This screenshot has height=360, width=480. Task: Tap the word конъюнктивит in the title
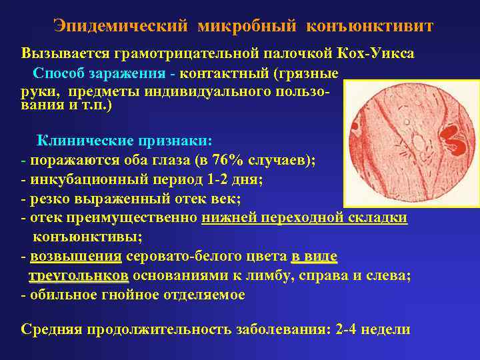pyautogui.click(x=369, y=26)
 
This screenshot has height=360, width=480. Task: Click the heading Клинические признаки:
pyautogui.click(x=124, y=141)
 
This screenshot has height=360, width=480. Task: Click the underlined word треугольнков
pyautogui.click(x=78, y=276)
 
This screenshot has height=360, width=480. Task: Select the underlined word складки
pyautogui.click(x=377, y=219)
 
